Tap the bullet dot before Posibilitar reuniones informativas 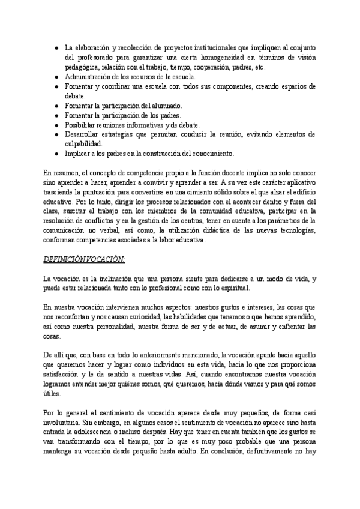tap(55, 125)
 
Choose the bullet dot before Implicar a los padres tap(55, 154)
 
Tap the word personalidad tap(114, 327)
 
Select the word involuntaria tap(67, 424)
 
